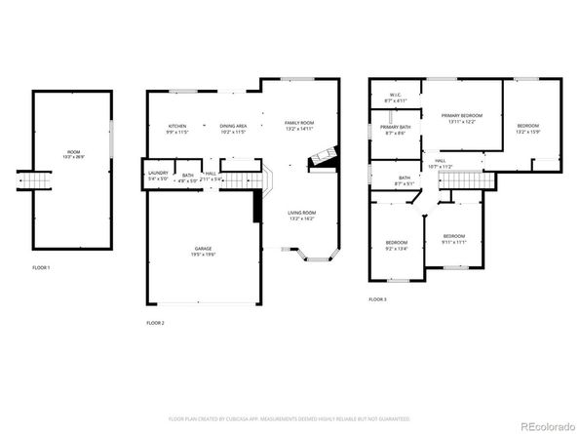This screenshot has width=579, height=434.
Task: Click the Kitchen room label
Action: pyautogui.click(x=176, y=128)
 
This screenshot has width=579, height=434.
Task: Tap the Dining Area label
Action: pyautogui.click(x=233, y=128)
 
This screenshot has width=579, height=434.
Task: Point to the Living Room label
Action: pyautogui.click(x=301, y=216)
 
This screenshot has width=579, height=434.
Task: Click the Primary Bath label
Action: pyautogui.click(x=395, y=131)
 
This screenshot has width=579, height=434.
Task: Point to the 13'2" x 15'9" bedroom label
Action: pyautogui.click(x=528, y=128)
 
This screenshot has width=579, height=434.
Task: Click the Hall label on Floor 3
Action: pyautogui.click(x=440, y=164)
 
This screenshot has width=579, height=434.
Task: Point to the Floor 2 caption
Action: pyautogui.click(x=155, y=322)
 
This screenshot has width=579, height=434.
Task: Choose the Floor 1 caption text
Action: pyautogui.click(x=41, y=266)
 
